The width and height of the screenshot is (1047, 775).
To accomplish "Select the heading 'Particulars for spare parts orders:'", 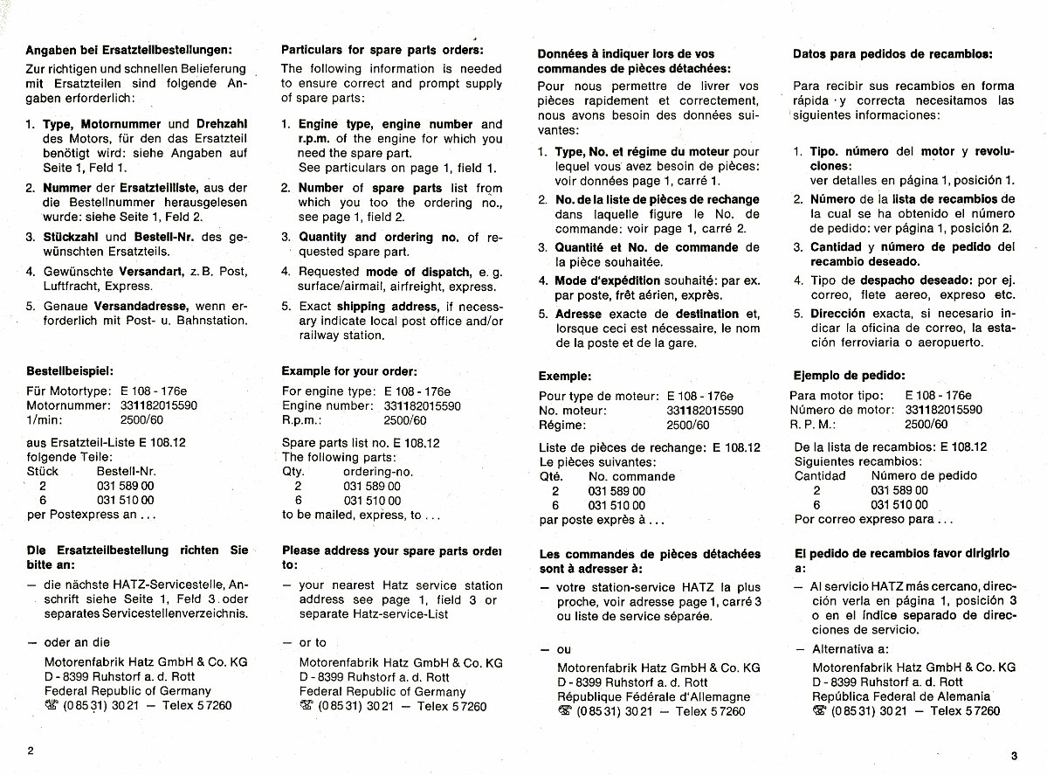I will coord(382,49).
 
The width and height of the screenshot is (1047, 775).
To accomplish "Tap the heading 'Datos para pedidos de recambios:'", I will coord(892,53).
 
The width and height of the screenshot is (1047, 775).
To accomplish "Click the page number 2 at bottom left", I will coord(31,751).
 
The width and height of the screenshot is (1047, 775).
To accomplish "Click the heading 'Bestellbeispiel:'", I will coord(70,370).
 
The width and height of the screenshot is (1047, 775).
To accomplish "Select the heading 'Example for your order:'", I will coord(349,371).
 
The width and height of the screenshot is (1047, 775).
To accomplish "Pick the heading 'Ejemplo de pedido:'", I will coord(849,376).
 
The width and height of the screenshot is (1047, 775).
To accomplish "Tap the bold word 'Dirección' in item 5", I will coord(837,314).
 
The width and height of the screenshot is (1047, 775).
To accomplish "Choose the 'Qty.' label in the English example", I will coord(293,472).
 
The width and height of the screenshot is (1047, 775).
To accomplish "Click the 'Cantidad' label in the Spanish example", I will coord(820,476).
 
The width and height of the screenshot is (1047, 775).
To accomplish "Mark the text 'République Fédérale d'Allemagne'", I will coord(653,697).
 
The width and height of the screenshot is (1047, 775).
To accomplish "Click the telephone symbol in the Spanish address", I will coord(820,711).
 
